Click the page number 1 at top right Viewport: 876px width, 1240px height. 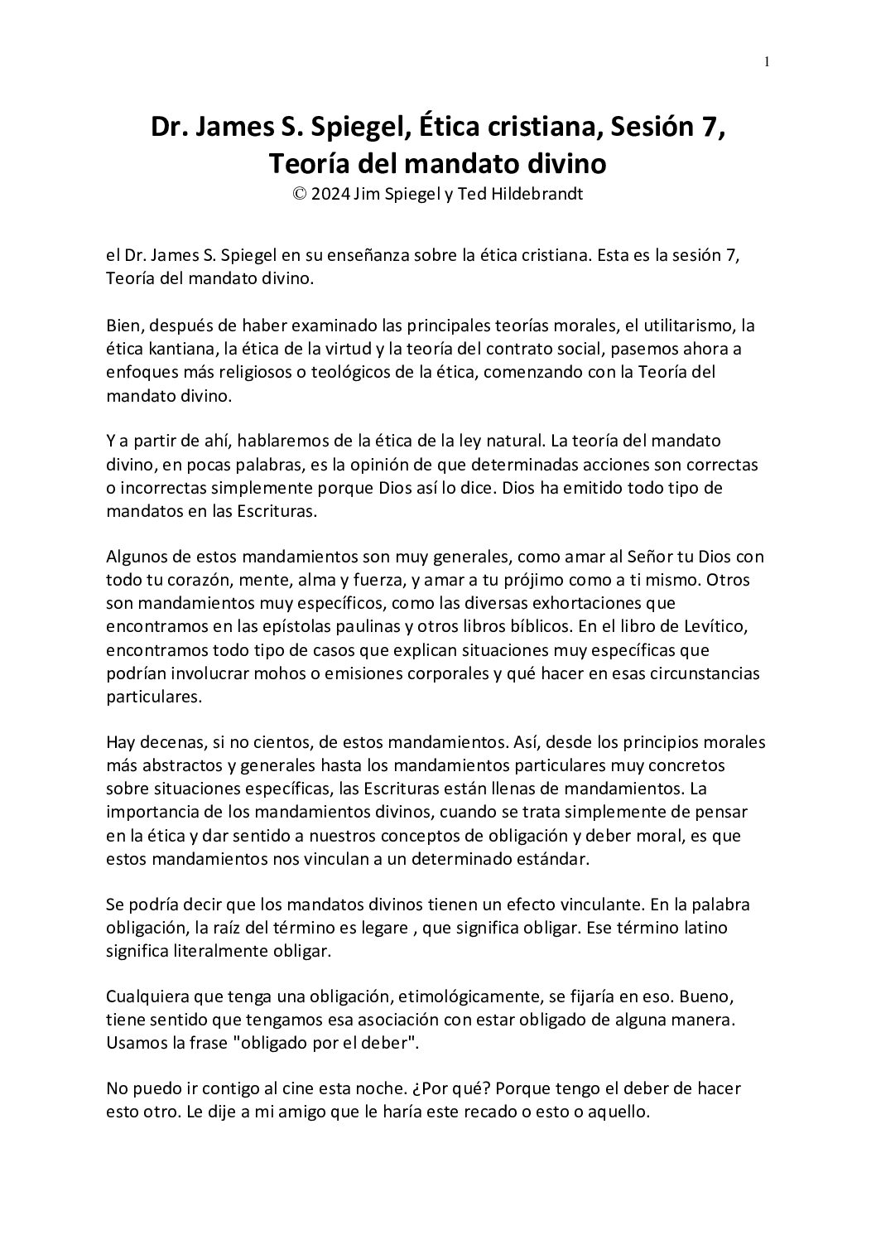(x=768, y=61)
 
